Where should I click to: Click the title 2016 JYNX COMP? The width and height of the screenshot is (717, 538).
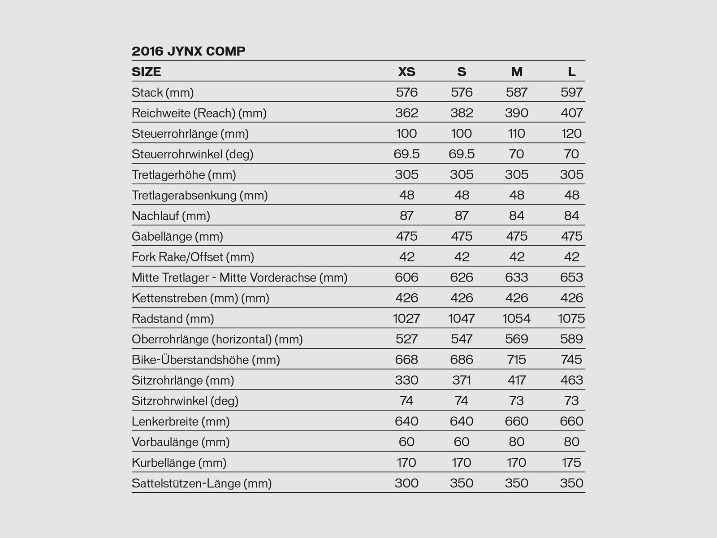click(x=188, y=51)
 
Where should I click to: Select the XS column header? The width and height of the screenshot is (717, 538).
click(x=406, y=72)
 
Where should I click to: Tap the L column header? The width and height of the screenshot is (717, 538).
click(x=571, y=72)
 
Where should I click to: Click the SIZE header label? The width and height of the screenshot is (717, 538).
click(x=146, y=72)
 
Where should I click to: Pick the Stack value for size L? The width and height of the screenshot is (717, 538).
click(x=571, y=92)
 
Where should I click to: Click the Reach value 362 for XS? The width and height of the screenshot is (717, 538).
click(x=406, y=113)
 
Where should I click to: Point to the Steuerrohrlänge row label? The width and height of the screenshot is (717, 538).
click(x=190, y=134)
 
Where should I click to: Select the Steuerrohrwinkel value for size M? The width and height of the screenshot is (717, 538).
click(x=516, y=154)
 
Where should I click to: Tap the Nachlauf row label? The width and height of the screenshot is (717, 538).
click(x=171, y=216)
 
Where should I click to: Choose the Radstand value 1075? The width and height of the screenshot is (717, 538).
click(x=571, y=319)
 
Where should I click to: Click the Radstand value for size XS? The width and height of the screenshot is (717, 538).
click(x=406, y=319)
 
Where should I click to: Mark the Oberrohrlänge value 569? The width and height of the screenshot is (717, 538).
click(x=516, y=339)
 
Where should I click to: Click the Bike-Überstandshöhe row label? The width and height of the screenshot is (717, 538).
click(x=206, y=360)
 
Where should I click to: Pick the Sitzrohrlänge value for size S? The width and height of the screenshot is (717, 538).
click(x=462, y=381)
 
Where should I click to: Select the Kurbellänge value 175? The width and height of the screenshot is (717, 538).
click(x=571, y=463)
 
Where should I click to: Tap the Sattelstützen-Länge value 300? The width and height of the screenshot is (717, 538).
click(x=406, y=483)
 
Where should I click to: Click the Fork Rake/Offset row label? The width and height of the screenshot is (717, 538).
click(x=193, y=257)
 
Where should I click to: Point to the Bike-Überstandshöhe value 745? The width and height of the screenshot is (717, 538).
click(x=571, y=360)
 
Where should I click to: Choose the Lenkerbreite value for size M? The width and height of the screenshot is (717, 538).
click(x=516, y=421)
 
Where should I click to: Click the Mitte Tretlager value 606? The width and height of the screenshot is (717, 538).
click(x=406, y=278)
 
